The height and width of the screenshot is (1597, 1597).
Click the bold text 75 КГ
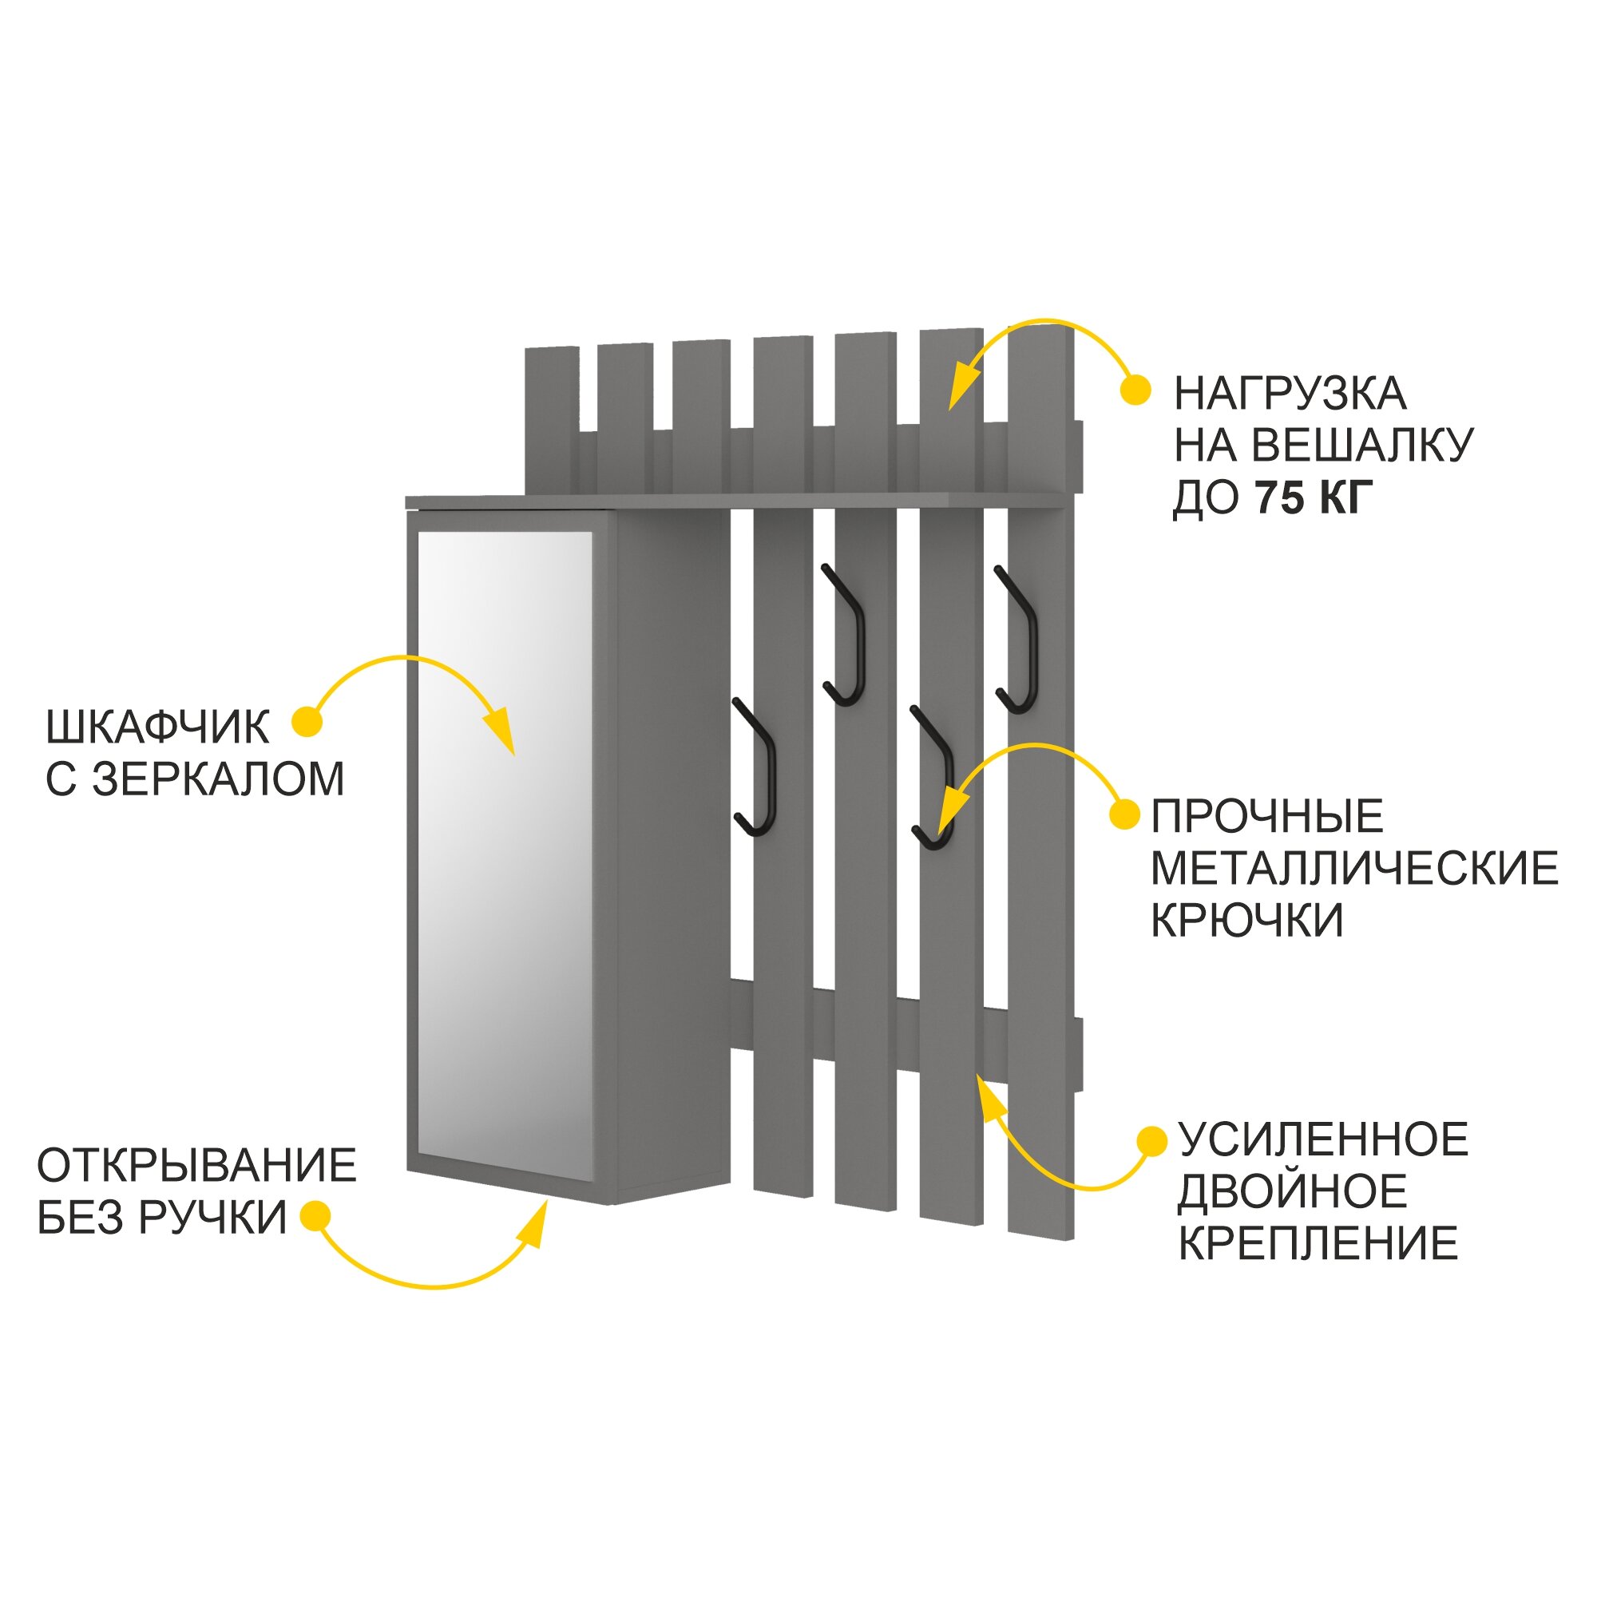1314,497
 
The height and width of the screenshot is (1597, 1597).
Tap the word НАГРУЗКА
1290,394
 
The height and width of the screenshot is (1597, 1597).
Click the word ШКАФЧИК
157,727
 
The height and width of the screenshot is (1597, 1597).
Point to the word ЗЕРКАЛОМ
218,779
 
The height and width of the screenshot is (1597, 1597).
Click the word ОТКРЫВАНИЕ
196,1166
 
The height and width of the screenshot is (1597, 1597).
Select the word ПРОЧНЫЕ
1267,817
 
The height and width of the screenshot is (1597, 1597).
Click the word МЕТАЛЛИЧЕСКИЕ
1354,869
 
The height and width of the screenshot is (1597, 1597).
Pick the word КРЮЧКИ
1246,920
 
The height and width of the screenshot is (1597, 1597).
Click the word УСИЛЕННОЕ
1322,1140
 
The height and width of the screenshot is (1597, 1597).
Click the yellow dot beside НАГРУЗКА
1135,390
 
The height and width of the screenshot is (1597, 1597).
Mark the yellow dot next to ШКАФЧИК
307,722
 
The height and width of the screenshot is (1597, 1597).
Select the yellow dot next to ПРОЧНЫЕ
1124,814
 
